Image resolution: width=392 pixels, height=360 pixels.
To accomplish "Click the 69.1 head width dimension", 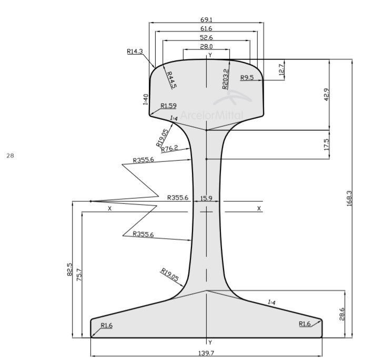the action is point(206,19).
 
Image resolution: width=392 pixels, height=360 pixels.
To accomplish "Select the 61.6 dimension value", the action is point(206,28).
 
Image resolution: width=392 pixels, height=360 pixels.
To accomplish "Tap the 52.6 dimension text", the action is point(206,37).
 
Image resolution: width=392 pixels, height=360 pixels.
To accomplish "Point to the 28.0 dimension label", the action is point(206,46).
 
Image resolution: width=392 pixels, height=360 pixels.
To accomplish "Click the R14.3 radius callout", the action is point(135,52).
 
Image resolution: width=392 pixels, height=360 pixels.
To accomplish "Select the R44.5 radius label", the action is point(172,80).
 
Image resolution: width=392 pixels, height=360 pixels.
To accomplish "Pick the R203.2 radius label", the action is point(225,79).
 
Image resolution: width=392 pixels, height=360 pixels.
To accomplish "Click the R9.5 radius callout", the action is point(247,77).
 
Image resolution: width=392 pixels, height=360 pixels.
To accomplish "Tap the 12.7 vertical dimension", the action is point(282,70).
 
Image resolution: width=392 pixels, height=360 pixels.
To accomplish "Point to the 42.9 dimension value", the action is point(326,95).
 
